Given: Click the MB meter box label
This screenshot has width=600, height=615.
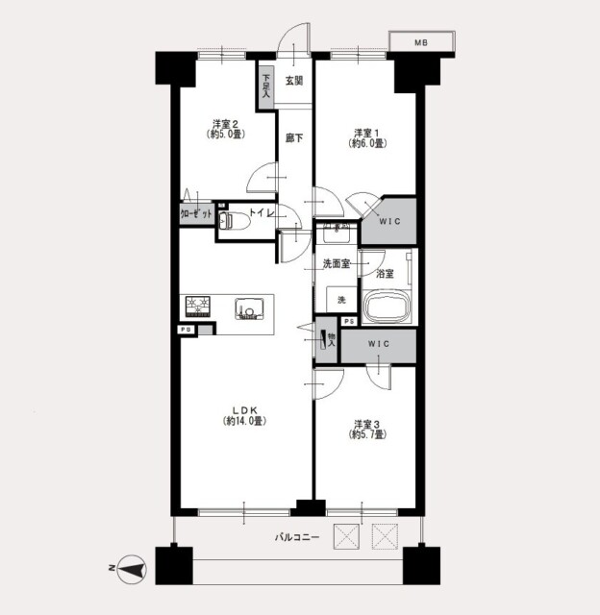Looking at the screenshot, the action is tap(421, 42).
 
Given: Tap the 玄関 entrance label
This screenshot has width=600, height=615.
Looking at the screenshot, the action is tap(293, 81).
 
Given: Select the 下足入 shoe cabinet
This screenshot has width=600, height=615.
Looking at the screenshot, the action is tap(266, 86).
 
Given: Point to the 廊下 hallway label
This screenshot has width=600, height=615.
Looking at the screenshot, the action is tap(294, 137).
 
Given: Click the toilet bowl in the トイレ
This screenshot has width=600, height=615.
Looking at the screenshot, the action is tap(235, 222).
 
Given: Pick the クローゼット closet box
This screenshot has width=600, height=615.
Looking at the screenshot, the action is tap(197, 213).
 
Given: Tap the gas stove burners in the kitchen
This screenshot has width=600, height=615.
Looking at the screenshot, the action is tap(198, 307).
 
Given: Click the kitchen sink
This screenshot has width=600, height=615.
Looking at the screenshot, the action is tap(249, 308).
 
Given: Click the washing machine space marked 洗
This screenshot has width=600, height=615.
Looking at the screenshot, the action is tap(341, 300).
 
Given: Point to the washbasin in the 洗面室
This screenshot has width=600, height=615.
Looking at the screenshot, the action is tap(336, 234).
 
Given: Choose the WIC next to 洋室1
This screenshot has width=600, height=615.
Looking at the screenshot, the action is tap(389, 221).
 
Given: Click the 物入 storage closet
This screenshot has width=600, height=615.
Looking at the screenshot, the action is tap(327, 339).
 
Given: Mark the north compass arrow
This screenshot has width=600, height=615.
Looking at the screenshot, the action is tap(133, 569).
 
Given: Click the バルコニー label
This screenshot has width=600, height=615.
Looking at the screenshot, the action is tap(297, 537).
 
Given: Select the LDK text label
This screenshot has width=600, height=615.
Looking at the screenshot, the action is tap(244, 410).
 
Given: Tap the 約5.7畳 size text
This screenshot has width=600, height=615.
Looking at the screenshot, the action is tap(367, 434).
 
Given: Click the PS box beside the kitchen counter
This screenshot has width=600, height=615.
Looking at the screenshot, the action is tap(187, 330).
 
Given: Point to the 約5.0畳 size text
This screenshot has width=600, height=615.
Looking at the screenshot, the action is tap(226, 135).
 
